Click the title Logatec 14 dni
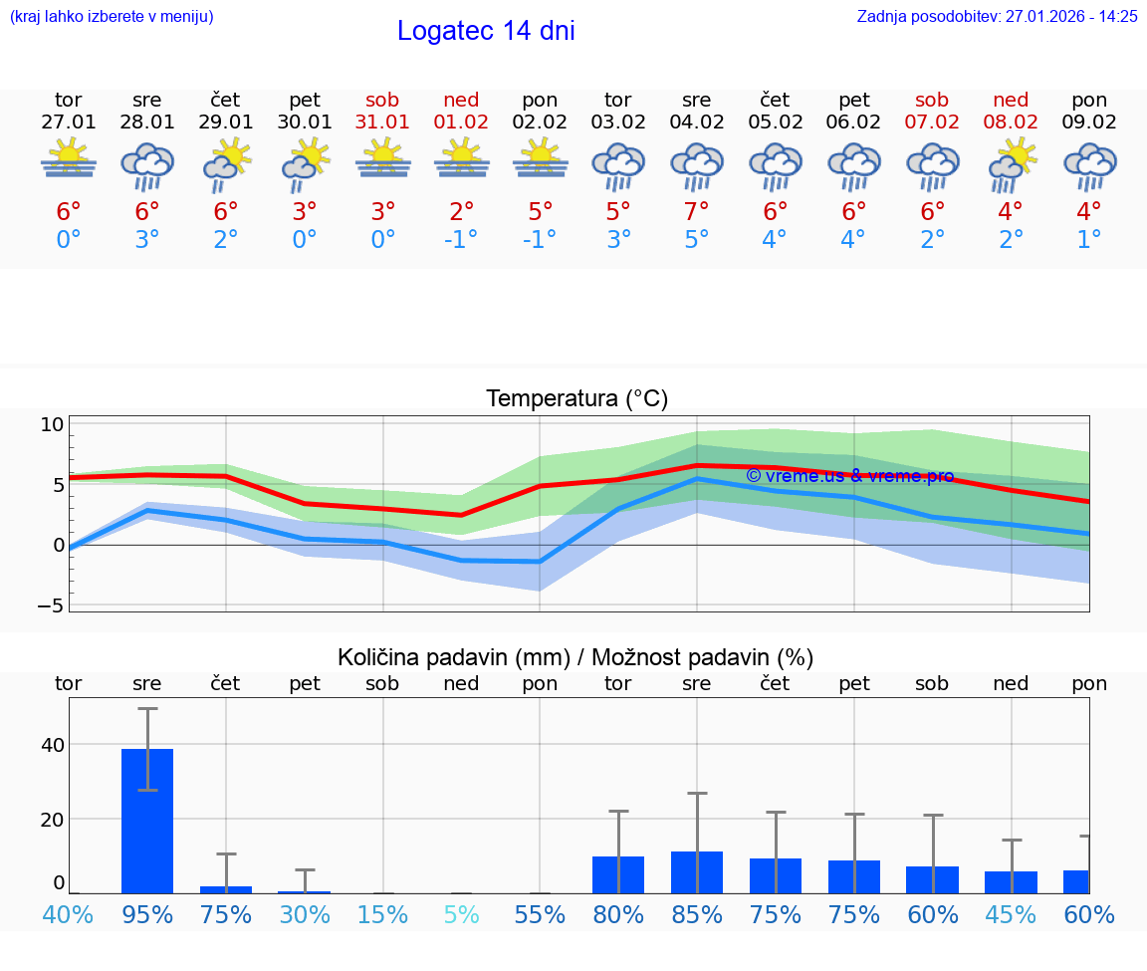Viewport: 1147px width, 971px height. click(486, 31)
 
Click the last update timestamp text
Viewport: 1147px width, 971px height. click(997, 17)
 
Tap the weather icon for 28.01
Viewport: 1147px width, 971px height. click(147, 166)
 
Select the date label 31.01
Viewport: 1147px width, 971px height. click(383, 121)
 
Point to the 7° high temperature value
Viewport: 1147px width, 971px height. click(697, 211)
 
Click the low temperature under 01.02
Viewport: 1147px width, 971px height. click(461, 240)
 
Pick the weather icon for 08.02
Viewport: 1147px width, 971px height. click(1012, 166)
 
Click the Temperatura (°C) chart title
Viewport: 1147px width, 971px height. click(576, 399)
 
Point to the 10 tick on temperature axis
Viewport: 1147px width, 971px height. click(52, 424)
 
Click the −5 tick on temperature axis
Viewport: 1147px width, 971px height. click(50, 606)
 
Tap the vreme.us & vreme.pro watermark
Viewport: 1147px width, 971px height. click(849, 476)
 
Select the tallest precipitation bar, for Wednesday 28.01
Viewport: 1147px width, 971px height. click(147, 821)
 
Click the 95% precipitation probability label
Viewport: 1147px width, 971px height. click(147, 915)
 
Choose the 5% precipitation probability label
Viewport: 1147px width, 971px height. click(461, 915)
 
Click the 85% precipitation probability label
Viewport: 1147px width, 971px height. click(697, 915)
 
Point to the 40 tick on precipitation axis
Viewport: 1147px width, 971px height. click(52, 745)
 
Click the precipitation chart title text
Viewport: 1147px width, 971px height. click(575, 657)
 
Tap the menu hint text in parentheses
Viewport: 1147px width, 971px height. click(112, 17)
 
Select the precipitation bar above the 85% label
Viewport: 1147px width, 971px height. click(697, 872)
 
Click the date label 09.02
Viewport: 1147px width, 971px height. click(1089, 121)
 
